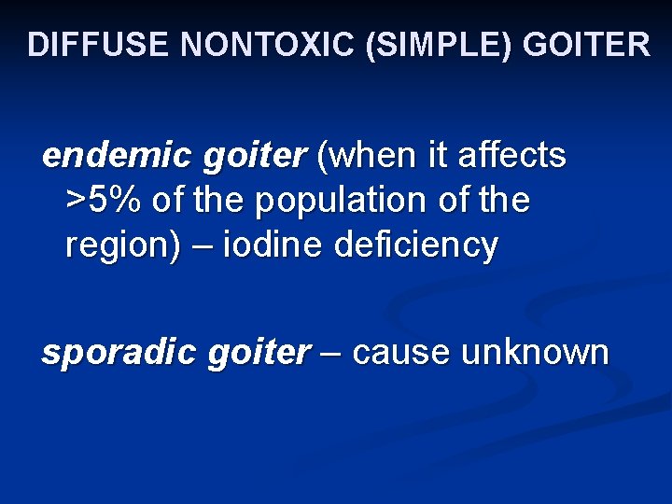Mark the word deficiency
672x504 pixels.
[x=416, y=247]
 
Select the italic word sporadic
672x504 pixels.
[x=105, y=354]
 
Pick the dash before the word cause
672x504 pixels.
[x=331, y=355]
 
